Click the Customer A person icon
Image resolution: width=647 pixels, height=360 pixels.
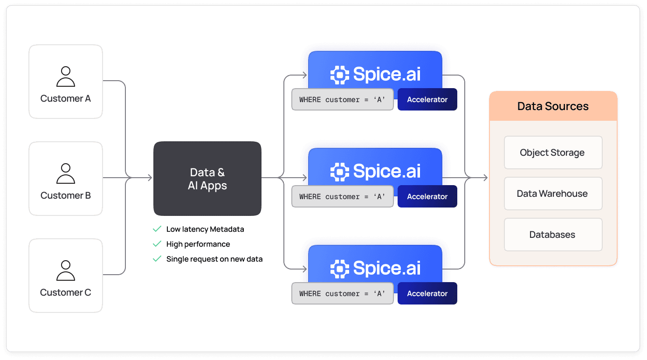(x=66, y=77)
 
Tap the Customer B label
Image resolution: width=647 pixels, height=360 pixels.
(x=66, y=195)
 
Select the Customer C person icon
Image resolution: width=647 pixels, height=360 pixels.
(x=66, y=271)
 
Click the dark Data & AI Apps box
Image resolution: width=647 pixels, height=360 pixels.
(x=207, y=179)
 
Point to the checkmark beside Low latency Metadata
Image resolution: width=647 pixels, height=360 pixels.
(x=157, y=229)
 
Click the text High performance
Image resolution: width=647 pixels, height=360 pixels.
(x=198, y=244)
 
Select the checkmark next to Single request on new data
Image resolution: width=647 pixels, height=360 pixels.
(x=157, y=259)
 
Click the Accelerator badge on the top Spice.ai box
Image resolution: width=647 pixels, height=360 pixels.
(x=427, y=99)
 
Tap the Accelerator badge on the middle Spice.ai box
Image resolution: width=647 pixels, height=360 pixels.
(x=427, y=196)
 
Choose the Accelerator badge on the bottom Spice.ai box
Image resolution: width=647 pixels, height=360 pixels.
(x=427, y=293)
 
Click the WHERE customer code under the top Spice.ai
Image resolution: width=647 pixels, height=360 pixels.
(x=343, y=99)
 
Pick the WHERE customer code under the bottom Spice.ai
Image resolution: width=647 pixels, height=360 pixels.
(x=343, y=293)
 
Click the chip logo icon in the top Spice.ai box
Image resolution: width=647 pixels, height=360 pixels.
(x=340, y=75)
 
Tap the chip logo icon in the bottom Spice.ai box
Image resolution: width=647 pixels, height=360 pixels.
(x=340, y=269)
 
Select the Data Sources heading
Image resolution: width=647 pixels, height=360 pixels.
(x=553, y=106)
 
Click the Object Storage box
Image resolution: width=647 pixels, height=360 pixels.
(x=553, y=152)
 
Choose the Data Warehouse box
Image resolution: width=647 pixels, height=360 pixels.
(x=553, y=194)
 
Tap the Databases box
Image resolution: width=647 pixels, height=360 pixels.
(x=553, y=235)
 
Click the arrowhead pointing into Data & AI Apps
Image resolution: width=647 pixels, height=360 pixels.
(x=150, y=178)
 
